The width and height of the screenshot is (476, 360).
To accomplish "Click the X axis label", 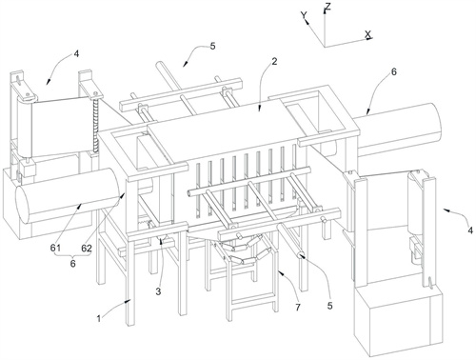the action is (x=368, y=34).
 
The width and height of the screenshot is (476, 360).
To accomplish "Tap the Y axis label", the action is (x=305, y=15).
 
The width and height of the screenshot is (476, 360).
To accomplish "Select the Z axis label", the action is (x=328, y=6).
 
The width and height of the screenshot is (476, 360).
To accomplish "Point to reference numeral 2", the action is (x=274, y=61).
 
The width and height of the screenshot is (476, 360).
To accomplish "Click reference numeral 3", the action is (x=158, y=291).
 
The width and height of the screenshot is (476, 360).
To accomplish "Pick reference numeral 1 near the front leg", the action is (x=99, y=318).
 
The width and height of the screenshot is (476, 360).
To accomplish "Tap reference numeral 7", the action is (x=298, y=308).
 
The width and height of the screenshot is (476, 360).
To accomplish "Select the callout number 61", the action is (x=55, y=248).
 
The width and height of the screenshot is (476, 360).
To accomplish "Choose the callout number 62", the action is (x=87, y=248).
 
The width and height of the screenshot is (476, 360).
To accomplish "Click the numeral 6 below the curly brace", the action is (x=72, y=264).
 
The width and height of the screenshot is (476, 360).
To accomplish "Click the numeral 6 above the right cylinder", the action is (x=393, y=71).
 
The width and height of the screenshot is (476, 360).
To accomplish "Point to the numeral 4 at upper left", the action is (x=76, y=54).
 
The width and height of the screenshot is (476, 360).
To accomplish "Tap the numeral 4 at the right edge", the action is (x=470, y=230).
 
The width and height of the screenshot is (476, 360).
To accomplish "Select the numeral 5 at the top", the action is (x=212, y=46).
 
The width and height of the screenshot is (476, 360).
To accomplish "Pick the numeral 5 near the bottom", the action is (x=330, y=306).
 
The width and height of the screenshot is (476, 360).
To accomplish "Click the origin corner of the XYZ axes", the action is (x=325, y=47).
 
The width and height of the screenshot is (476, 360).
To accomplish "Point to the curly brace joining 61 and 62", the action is (x=72, y=255).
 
